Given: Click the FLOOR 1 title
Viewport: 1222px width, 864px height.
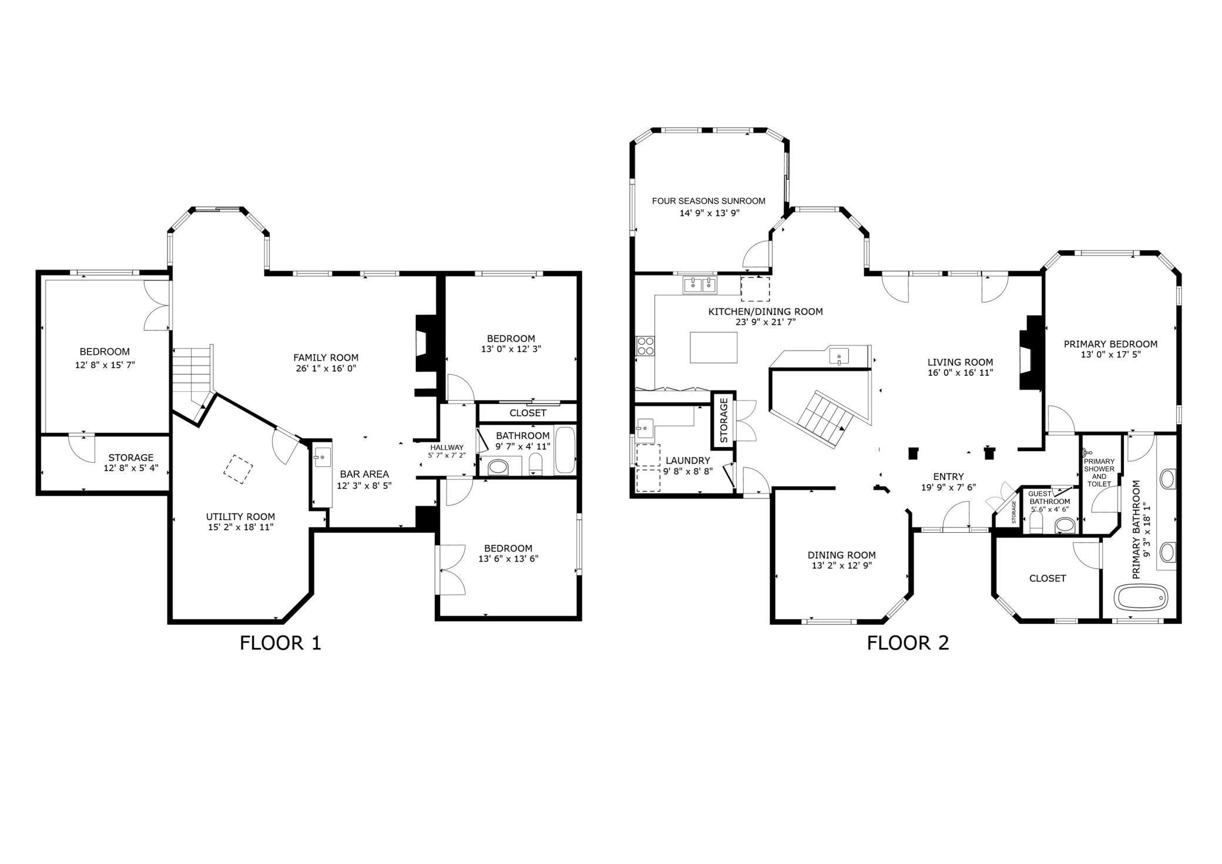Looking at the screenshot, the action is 280,643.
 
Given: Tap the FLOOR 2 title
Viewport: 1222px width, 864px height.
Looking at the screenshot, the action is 908,643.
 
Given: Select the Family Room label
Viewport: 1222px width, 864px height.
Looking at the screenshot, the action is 326,357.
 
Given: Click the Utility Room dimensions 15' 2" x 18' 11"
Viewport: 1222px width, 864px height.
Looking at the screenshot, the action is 241,527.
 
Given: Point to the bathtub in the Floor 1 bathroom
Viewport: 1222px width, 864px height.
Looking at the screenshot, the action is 565,451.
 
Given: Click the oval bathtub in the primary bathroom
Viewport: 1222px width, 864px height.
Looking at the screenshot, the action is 1140,599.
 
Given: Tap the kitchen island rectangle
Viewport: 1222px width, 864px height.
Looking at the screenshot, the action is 714,348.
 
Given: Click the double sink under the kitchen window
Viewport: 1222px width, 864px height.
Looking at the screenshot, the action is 700,285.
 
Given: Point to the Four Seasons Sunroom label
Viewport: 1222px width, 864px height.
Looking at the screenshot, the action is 709,201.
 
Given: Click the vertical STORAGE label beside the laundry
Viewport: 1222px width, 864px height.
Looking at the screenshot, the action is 724,421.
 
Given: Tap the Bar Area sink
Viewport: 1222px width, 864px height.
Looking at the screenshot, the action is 321,457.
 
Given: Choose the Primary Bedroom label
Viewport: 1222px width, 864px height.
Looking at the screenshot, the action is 1110,344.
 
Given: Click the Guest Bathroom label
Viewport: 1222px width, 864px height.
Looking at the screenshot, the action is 1050,498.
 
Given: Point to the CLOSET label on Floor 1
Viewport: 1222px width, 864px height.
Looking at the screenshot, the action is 528,413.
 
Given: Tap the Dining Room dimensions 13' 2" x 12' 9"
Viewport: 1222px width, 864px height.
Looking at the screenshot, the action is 842,566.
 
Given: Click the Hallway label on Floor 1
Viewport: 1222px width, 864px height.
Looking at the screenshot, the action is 447,448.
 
